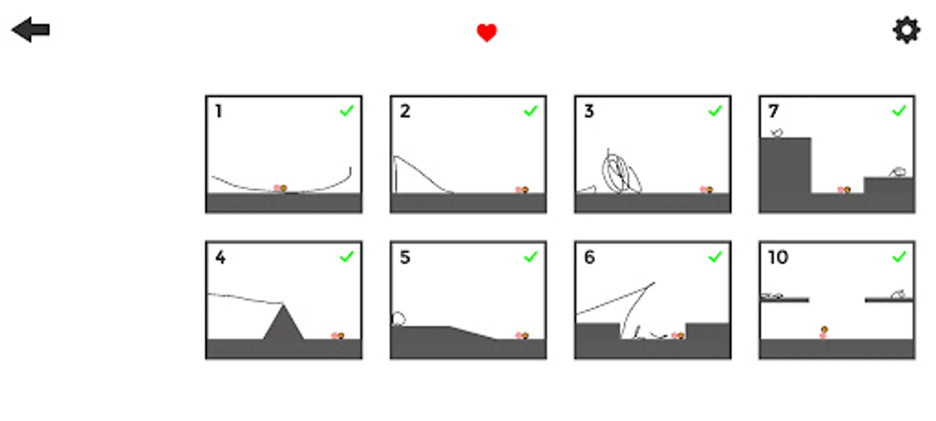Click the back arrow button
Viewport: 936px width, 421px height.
[x=31, y=30]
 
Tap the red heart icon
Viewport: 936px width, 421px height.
[x=486, y=33]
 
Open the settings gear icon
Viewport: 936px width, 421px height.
[x=906, y=30]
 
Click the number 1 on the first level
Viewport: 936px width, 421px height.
[x=218, y=111]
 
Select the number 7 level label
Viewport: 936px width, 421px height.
[x=773, y=111]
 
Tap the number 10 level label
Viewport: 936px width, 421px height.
[x=778, y=257]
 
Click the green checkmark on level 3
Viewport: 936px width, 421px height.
[x=715, y=111]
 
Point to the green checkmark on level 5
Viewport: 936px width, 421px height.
[x=531, y=257]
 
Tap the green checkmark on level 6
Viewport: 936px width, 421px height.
[x=715, y=257]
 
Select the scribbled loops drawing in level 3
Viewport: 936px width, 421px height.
[x=621, y=172]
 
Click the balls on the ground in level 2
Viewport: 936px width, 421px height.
[x=522, y=189]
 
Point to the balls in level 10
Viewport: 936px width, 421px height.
[x=823, y=333]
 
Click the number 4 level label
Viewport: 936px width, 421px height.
[x=220, y=257]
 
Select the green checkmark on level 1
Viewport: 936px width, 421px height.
[x=347, y=111]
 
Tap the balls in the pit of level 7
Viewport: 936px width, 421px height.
[x=844, y=189]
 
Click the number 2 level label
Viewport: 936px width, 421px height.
[x=405, y=111]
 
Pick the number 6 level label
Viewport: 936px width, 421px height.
[x=590, y=257]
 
